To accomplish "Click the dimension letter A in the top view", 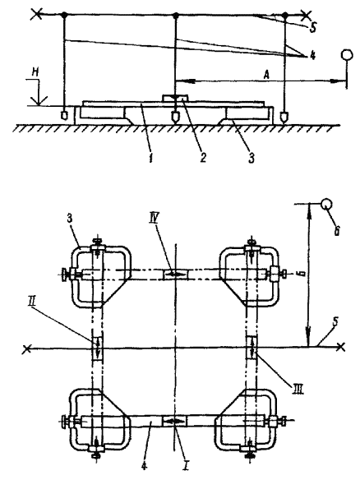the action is (266, 75).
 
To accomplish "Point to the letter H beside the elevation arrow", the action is (35, 73).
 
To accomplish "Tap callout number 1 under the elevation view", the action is (150, 159).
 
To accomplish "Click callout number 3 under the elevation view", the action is (252, 158).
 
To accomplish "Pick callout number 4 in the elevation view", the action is (312, 56).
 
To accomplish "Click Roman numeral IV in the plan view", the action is (153, 219).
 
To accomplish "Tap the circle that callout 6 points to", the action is (326, 204).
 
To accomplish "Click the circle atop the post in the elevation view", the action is (346, 55).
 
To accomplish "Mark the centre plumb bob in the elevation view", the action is (175, 116).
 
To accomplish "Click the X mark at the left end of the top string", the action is (37, 14).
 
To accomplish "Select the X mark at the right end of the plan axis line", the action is (341, 347).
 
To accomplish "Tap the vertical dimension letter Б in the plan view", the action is (302, 275).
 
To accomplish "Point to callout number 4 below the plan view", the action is (144, 465).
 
